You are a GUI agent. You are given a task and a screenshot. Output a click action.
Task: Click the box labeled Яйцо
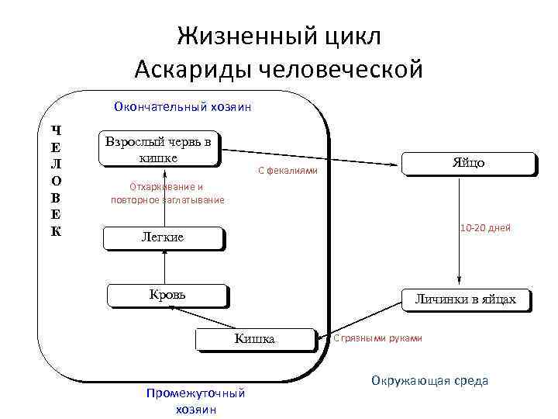point(468,164)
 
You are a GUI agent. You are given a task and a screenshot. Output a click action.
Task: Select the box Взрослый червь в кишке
point(159,150)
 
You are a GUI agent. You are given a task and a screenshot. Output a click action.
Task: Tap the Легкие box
point(163,237)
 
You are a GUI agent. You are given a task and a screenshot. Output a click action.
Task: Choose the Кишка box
point(255,339)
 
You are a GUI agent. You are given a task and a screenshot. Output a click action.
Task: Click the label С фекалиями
point(287,171)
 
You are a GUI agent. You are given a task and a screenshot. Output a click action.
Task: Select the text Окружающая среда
point(429,380)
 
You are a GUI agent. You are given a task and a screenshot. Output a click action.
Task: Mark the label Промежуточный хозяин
point(195,400)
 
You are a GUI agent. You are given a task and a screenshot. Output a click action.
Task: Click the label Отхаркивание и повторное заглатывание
point(167,193)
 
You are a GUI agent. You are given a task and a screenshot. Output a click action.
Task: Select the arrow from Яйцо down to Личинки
point(460,233)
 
